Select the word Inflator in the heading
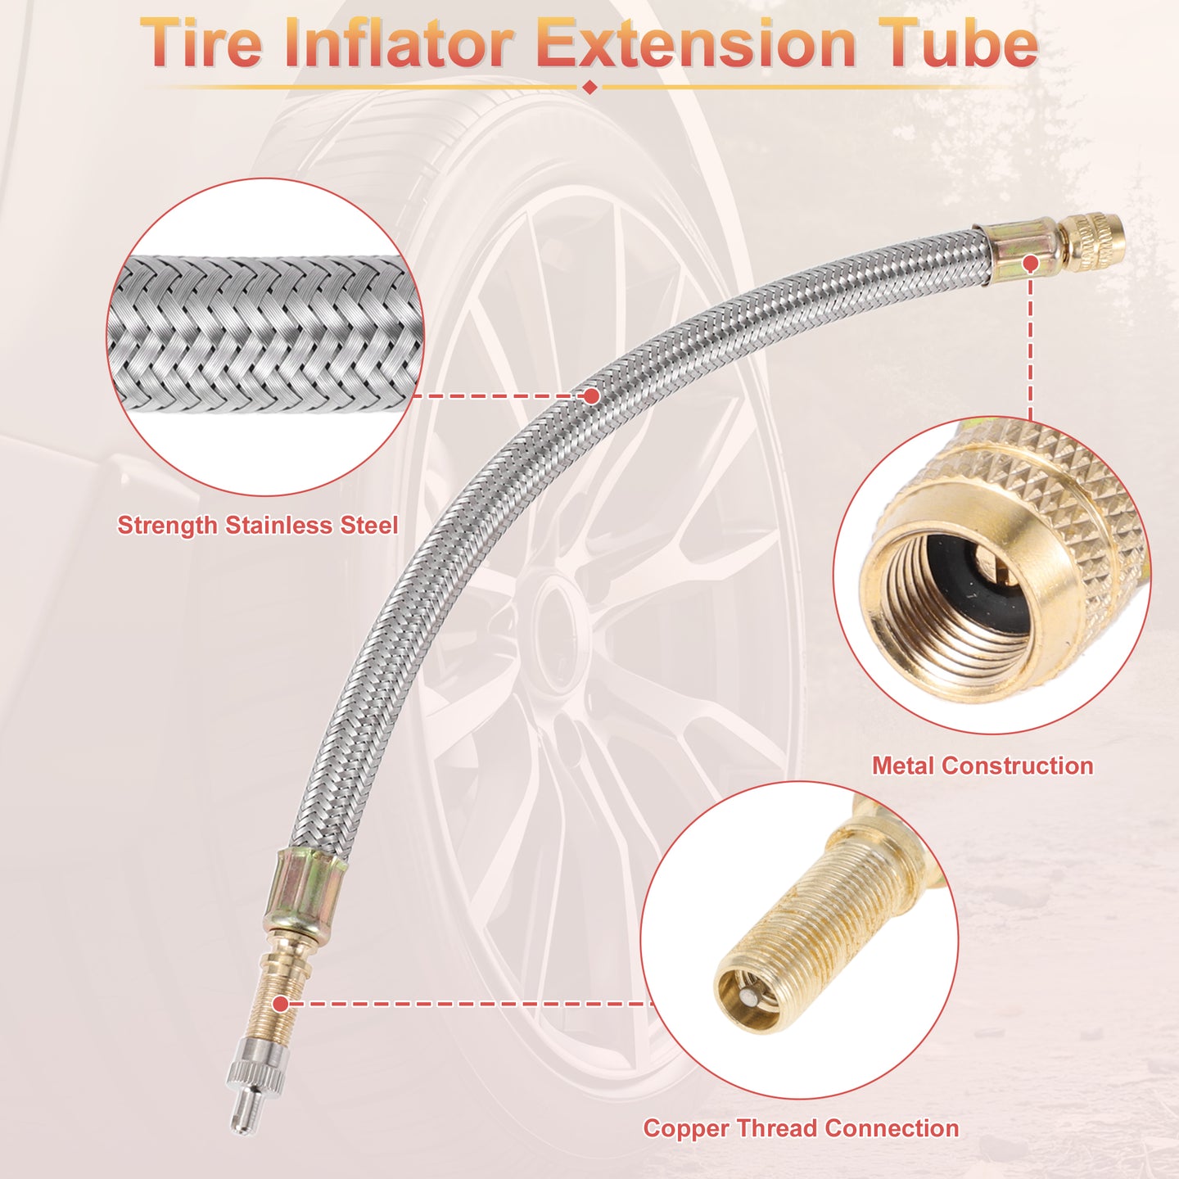click(398, 43)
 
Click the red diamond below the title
click(589, 88)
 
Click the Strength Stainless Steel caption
click(258, 526)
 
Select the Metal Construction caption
click(982, 766)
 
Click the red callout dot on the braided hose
click(591, 396)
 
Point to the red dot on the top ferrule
click(1031, 264)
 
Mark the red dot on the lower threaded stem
click(280, 1004)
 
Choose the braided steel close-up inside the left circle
click(264, 335)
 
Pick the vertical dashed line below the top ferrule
click(1031, 346)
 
